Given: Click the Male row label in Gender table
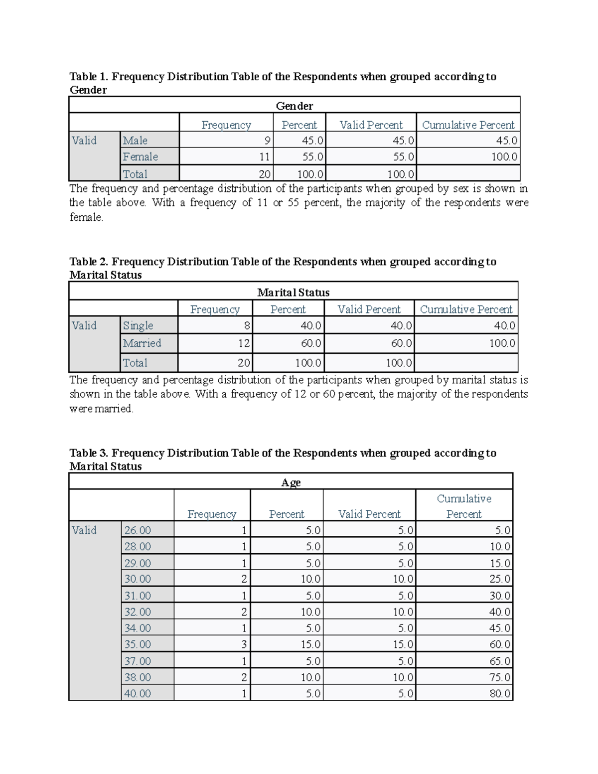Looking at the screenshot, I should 135,141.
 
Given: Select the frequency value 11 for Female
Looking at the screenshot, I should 264,157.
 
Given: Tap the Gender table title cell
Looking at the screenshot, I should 294,106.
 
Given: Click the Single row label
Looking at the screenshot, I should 138,325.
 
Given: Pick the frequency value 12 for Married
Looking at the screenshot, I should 244,343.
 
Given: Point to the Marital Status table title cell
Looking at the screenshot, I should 293,293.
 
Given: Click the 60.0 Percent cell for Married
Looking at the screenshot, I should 310,343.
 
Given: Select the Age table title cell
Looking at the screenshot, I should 291,482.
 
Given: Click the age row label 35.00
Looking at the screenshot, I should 138,644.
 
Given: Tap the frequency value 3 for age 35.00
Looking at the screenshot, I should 244,644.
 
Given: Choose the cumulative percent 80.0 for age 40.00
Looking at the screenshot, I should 500,693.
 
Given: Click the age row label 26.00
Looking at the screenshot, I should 138,530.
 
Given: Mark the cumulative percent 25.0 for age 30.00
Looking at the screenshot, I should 500,579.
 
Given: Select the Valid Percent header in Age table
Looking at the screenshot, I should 369,514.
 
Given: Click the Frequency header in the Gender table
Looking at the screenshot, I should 226,125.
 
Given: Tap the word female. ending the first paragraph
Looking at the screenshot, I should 86,217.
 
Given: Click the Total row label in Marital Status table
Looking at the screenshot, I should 135,363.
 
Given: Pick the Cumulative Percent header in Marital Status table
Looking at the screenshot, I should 466,310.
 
